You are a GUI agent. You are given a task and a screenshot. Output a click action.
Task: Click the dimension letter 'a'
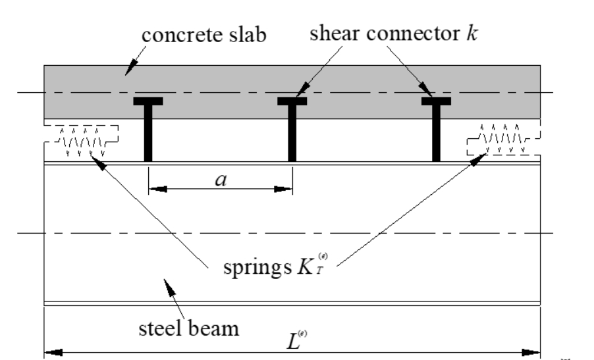click(x=219, y=180)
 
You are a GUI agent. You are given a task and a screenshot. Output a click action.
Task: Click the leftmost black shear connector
click(x=148, y=135)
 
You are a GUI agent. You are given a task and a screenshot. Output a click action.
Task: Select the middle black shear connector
click(x=292, y=135)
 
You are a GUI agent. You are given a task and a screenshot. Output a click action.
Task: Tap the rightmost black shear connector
click(x=436, y=135)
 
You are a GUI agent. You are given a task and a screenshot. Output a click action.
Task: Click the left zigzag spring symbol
click(x=81, y=140)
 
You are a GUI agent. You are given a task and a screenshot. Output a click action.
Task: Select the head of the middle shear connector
click(x=292, y=101)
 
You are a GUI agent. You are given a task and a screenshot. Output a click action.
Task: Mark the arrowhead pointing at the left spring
click(x=100, y=161)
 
